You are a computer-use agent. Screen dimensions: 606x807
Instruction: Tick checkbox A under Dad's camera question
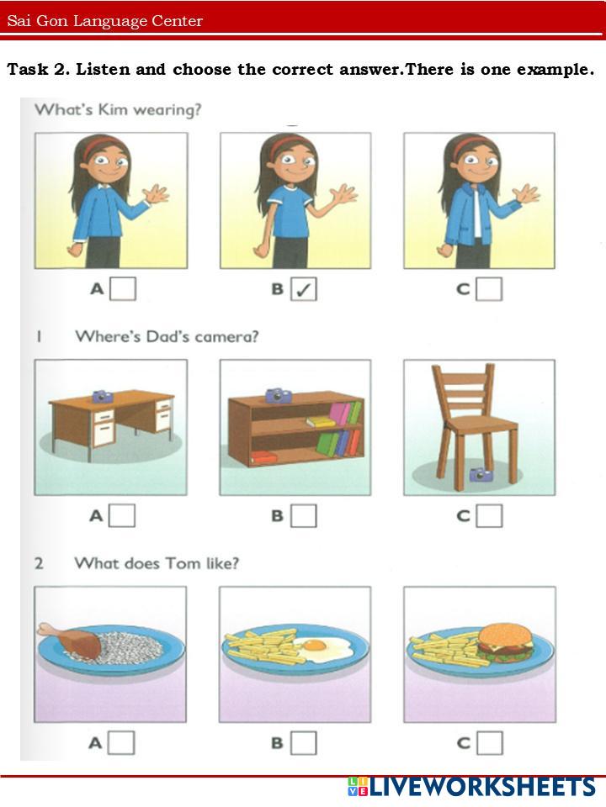pos(123,515)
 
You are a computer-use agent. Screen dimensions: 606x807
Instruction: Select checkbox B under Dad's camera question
pos(304,515)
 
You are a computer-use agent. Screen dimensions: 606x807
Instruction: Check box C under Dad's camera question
pos(489,515)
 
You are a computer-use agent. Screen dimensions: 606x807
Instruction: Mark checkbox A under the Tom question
pos(121,742)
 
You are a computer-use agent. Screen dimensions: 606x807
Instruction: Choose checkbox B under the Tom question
pos(304,742)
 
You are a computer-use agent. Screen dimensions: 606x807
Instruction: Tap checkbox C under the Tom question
pos(490,742)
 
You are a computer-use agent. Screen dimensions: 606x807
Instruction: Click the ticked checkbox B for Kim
pos(304,288)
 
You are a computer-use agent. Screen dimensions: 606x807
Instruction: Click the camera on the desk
pos(103,396)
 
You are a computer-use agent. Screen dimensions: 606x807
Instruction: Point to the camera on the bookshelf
pos(279,395)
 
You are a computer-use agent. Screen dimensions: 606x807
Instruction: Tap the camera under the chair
pos(481,474)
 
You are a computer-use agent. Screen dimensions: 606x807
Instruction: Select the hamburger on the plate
pos(506,641)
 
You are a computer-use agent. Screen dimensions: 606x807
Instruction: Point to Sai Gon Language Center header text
pos(104,21)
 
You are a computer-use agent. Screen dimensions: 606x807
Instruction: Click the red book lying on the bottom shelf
pos(264,456)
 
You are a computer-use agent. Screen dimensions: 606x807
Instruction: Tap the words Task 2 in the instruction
pos(38,69)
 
